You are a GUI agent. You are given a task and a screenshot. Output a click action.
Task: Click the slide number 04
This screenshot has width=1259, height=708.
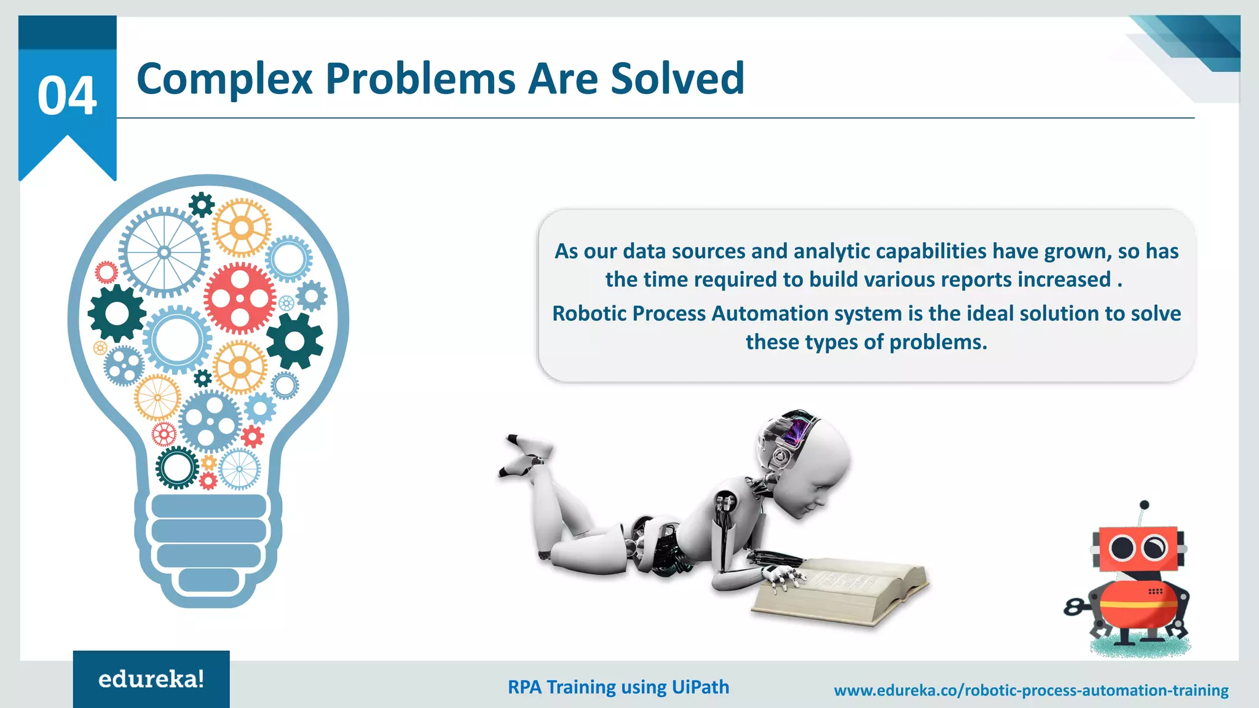pos(67,96)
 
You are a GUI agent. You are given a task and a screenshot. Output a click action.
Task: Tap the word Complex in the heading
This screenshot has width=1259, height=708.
pos(224,79)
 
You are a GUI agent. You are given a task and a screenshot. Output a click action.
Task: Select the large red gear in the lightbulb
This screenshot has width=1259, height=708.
pos(240,299)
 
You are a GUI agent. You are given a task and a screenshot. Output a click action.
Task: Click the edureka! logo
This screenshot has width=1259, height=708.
pos(151,679)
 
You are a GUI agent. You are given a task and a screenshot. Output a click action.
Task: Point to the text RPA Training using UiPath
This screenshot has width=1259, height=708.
pos(618,687)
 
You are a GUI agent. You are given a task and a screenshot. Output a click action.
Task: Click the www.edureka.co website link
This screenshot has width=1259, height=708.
pos(1031,691)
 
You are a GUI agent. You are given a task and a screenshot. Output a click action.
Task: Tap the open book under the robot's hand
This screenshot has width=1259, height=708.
pos(842,590)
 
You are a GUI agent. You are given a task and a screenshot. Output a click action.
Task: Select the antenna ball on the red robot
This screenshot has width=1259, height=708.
pos(1144,505)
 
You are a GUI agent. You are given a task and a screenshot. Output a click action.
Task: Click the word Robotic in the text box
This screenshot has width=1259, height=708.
pos(590,313)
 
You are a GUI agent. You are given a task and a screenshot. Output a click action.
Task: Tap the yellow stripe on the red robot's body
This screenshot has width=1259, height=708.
pos(1137,605)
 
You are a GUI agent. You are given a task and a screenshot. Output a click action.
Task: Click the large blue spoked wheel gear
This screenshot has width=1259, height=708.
pos(164,253)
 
